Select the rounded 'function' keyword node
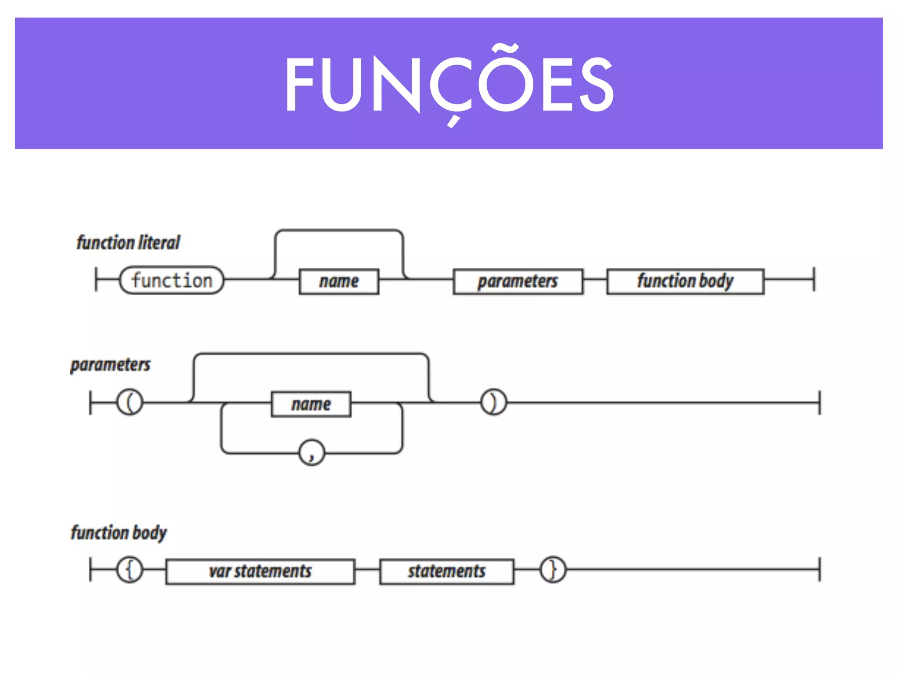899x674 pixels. pyautogui.click(x=172, y=280)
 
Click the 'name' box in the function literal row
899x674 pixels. pyautogui.click(x=338, y=281)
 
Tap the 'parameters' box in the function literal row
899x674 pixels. pyautogui.click(x=518, y=281)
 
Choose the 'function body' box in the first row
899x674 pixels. pyautogui.click(x=685, y=281)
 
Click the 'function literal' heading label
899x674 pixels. pyautogui.click(x=128, y=243)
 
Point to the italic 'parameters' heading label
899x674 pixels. pyautogui.click(x=110, y=365)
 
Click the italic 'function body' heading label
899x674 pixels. pyautogui.click(x=119, y=533)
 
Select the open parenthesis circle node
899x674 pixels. pyautogui.click(x=129, y=402)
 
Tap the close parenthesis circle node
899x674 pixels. pyautogui.click(x=493, y=402)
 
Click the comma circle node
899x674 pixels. pyautogui.click(x=312, y=452)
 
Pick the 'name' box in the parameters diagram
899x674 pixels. pyautogui.click(x=311, y=404)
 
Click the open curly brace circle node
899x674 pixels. pyautogui.click(x=129, y=570)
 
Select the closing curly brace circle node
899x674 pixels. pyautogui.click(x=553, y=570)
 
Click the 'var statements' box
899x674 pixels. pyautogui.click(x=260, y=571)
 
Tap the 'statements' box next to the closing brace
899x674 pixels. pyautogui.click(x=446, y=571)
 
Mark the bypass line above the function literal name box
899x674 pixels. pyautogui.click(x=338, y=230)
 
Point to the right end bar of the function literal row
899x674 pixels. pyautogui.click(x=814, y=279)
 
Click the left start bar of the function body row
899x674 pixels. pyautogui.click(x=90, y=570)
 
